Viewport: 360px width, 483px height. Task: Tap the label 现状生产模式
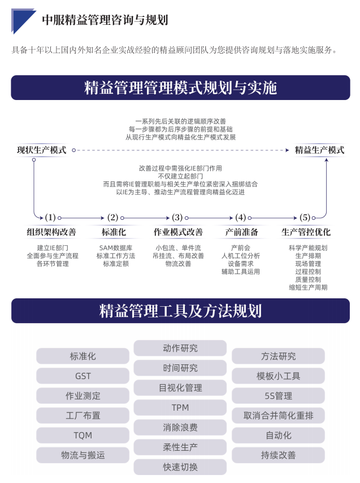(x=42, y=150)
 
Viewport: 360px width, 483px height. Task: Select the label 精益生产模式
(x=320, y=150)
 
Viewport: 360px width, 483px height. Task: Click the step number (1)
(x=50, y=217)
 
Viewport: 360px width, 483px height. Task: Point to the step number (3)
(x=177, y=217)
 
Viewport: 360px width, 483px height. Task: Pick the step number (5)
(x=305, y=217)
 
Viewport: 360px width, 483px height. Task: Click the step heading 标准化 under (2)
(x=114, y=232)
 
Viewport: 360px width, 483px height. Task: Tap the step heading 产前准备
(x=242, y=232)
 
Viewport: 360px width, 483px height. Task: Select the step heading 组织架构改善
(x=51, y=232)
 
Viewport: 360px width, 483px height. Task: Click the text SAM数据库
(x=116, y=248)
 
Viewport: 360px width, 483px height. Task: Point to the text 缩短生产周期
(x=308, y=288)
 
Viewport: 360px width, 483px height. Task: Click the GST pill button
(x=83, y=376)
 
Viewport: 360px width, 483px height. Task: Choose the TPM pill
(x=180, y=407)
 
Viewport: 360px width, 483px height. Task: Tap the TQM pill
(x=83, y=435)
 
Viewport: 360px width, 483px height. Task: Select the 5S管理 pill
(x=278, y=395)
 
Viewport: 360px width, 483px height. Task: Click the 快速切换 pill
(x=180, y=467)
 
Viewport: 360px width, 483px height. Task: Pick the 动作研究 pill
(x=180, y=348)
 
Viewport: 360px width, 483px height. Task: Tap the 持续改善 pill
(x=278, y=455)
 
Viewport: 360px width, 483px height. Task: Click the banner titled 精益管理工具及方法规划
(x=180, y=311)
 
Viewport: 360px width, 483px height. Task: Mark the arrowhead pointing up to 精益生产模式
(x=327, y=160)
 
